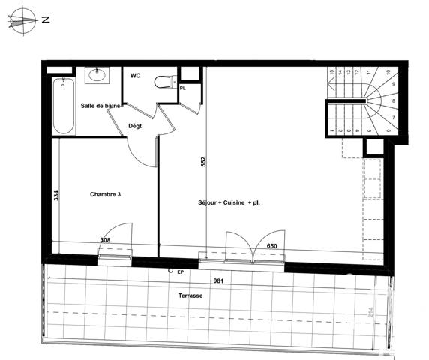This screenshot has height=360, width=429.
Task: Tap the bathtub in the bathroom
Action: pos(63,104)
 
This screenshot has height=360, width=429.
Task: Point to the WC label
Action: pos(136,76)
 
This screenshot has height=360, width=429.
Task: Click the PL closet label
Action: pos(183,88)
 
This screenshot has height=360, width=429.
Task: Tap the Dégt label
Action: pos(135,126)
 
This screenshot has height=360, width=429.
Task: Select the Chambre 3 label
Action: pos(106,195)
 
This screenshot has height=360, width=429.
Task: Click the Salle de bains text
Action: pos(101,106)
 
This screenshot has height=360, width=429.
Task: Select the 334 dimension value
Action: pos(56,196)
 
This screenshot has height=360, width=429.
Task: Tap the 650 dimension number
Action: pos(272,246)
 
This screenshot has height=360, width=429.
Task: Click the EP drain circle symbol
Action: pos(171,270)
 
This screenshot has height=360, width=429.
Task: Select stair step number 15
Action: pos(332,73)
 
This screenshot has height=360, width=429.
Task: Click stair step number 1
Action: pos(332,132)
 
